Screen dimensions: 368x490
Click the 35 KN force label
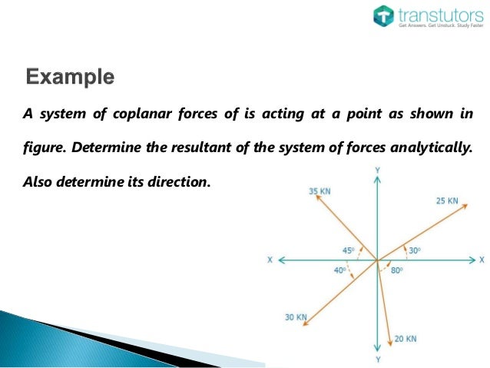pos(320,191)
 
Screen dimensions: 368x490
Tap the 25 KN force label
pos(446,201)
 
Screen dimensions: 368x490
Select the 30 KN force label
pos(296,317)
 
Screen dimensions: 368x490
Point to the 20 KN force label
pos(406,339)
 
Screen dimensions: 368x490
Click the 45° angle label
pos(348,250)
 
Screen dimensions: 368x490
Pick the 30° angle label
pos(414,250)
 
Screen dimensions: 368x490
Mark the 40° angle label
pos(339,270)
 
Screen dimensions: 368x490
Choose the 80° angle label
pos(396,270)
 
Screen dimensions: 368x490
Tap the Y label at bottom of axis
pos(377,360)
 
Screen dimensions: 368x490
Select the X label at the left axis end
pos(270,260)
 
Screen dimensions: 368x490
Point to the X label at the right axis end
pos(482,260)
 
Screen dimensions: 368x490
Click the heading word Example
pos(70,78)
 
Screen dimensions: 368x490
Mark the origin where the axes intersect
pos(377,260)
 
